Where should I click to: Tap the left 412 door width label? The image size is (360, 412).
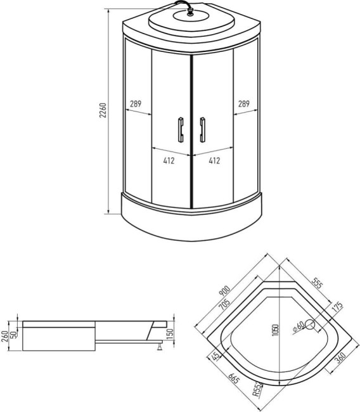pyautogui.click(x=169, y=161)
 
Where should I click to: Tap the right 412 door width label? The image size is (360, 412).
pyautogui.click(x=214, y=161)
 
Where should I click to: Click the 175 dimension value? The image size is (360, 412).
pyautogui.click(x=337, y=307)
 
